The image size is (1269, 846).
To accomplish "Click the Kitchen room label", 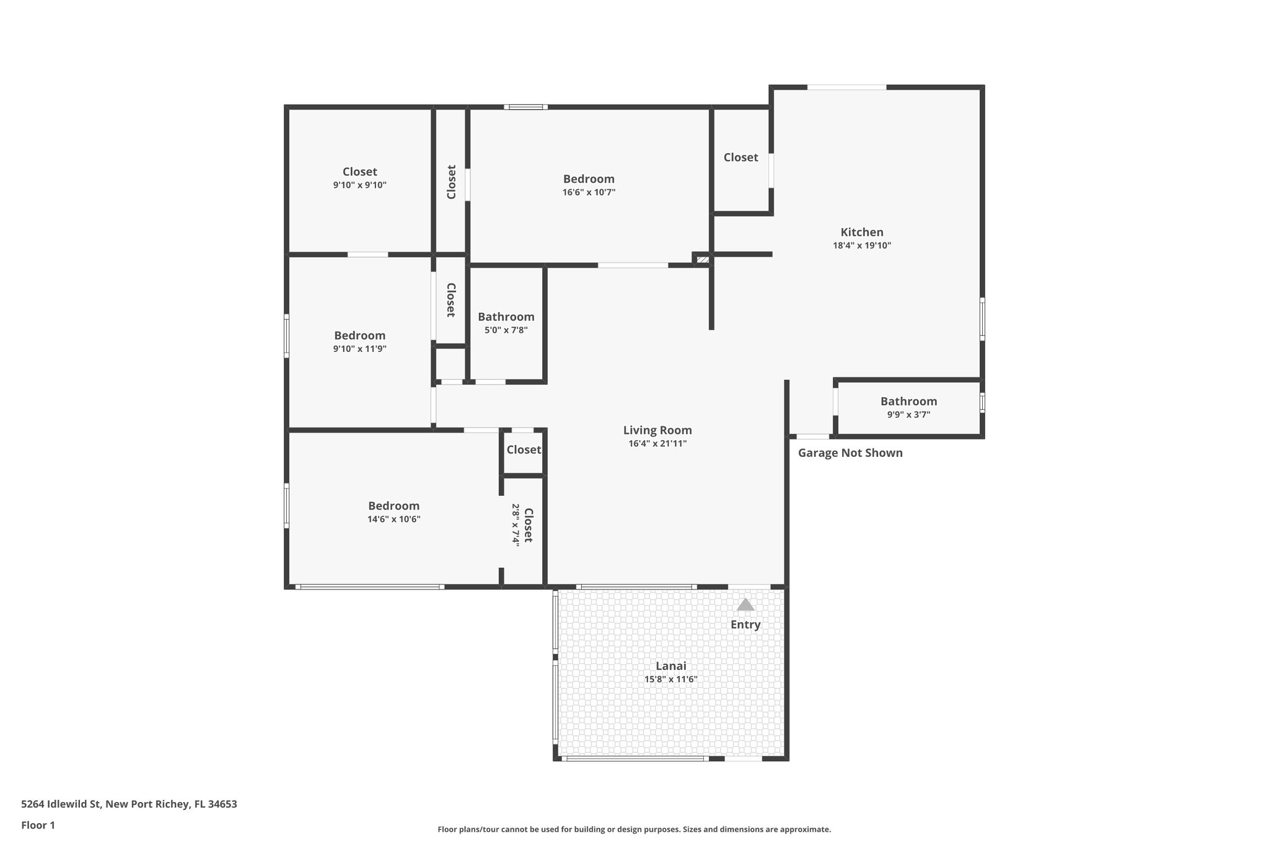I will tap(861, 232).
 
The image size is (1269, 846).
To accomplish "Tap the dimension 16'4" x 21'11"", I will tap(657, 444).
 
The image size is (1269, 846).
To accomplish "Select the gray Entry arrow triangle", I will tap(745, 604).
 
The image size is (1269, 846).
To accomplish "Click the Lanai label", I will tap(671, 666).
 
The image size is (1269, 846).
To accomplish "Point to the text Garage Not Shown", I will tap(850, 453).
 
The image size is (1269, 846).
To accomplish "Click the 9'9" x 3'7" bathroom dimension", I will tap(908, 415).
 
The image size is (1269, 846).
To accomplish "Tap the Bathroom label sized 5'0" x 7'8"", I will tap(506, 317).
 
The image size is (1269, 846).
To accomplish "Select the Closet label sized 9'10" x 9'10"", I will tap(359, 172).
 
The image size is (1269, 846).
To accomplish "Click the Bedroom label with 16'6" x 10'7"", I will tap(589, 179).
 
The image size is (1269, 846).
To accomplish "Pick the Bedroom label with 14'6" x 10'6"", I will tap(393, 506).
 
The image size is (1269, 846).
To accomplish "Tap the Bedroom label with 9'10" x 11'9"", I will tap(359, 336).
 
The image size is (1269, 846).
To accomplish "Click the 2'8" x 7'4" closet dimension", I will tap(515, 524).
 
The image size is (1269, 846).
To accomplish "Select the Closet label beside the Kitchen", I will tap(740, 157).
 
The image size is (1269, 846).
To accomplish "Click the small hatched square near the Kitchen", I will tap(702, 260).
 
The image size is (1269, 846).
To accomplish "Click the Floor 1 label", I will tap(38, 826).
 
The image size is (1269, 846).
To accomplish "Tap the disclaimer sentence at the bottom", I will tap(634, 829).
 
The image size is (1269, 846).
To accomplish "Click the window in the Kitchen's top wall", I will tap(846, 87).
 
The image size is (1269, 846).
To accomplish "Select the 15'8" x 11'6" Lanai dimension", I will tap(671, 679).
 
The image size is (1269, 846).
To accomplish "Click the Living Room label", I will tap(657, 430).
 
